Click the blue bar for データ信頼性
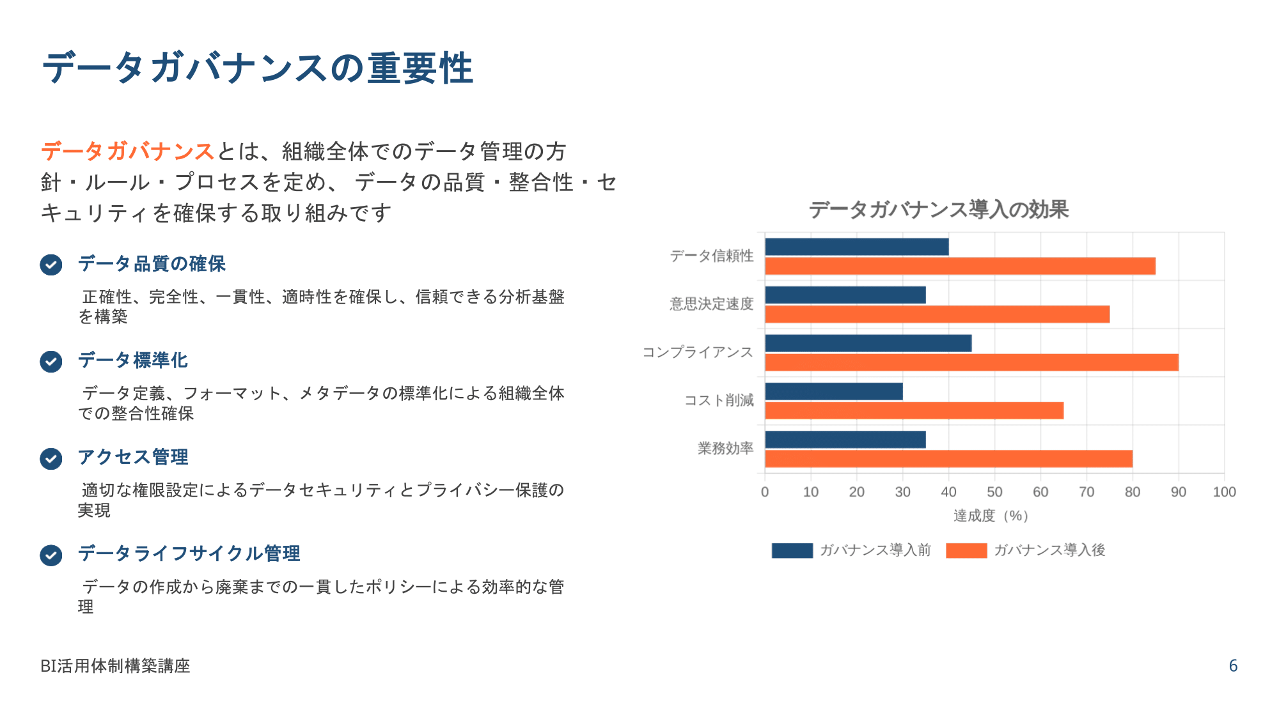pos(856,247)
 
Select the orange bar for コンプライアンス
pos(971,362)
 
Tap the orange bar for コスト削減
pos(914,410)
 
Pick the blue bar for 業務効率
pos(845,440)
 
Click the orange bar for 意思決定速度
pos(937,314)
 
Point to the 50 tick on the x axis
pos(994,492)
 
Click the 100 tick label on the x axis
pos(1224,492)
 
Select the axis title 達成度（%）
pos(991,516)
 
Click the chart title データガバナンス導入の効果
pos(939,210)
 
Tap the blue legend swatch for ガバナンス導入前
pos(792,550)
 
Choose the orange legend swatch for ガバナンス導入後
pos(966,550)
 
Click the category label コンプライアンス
pos(698,353)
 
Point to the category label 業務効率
pos(725,449)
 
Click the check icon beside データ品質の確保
pos(51,265)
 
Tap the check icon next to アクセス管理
pos(51,458)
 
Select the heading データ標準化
pos(133,360)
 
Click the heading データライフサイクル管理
pos(189,553)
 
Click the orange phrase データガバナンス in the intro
pos(127,151)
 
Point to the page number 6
pos(1233,666)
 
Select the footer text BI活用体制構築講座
pos(115,666)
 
